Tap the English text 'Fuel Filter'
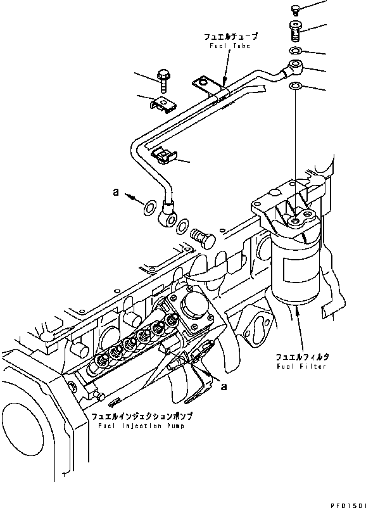pos(301,367)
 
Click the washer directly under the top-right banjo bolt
pos(296,50)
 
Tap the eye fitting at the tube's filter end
pos(296,67)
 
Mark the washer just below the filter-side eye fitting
pos(296,86)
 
